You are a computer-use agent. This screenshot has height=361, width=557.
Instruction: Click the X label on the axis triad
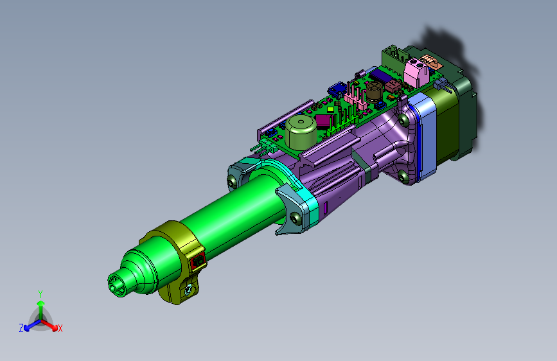[60, 328]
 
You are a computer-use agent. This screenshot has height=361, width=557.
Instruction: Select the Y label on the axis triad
[40, 294]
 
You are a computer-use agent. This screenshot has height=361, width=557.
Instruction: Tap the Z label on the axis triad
[21, 328]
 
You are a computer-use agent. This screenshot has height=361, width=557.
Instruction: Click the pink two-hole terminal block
[417, 72]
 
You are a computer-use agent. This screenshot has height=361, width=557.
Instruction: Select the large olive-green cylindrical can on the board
[301, 132]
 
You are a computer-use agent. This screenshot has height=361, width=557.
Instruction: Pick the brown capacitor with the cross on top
[374, 91]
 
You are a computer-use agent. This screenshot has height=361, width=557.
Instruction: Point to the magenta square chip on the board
[324, 121]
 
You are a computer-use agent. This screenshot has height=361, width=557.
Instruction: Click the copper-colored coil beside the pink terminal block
[430, 62]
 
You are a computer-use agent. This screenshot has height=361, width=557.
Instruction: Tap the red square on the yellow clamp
[198, 261]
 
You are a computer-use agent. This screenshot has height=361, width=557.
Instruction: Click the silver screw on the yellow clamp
[188, 290]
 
